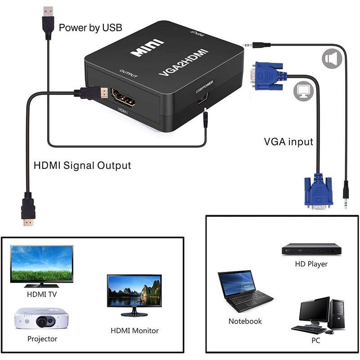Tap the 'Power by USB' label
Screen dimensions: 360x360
(x=90, y=28)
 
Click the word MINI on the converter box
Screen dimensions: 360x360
(x=147, y=48)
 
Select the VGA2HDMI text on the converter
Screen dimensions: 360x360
(x=184, y=62)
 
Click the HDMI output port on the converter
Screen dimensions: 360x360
(x=123, y=98)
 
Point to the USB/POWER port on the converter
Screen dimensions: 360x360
(x=203, y=99)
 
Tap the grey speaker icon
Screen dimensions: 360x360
(x=332, y=58)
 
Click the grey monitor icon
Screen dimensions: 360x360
(x=303, y=91)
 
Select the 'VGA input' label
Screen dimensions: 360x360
(x=288, y=142)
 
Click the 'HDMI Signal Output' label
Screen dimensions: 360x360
(x=82, y=165)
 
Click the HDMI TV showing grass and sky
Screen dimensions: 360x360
(x=42, y=266)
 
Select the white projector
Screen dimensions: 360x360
(x=41, y=319)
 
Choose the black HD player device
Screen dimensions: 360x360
(x=311, y=249)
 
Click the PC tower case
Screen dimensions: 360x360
(x=337, y=315)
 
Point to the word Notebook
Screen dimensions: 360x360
(x=245, y=321)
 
